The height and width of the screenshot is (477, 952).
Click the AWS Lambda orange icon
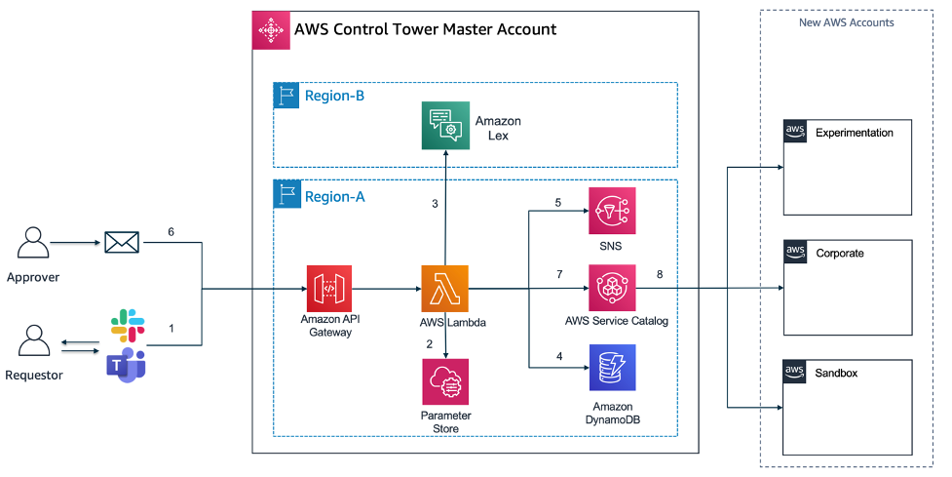pos(445,289)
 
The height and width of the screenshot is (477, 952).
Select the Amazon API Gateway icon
pos(330,289)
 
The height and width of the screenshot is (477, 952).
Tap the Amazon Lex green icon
pos(445,126)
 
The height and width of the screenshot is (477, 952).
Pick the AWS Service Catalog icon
pos(612,288)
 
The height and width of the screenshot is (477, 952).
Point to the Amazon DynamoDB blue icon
pos(612,368)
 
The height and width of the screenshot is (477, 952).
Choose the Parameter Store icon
pos(445,381)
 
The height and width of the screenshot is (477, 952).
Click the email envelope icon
pos(122,242)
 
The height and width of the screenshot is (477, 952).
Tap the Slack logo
pos(127,325)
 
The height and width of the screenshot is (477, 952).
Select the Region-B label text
pos(334,96)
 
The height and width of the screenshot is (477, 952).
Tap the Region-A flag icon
pos(287,196)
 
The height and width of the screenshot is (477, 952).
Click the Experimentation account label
pos(854,133)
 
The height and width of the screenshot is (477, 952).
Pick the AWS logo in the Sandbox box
pos(795,372)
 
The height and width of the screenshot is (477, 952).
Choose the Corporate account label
pos(839,253)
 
